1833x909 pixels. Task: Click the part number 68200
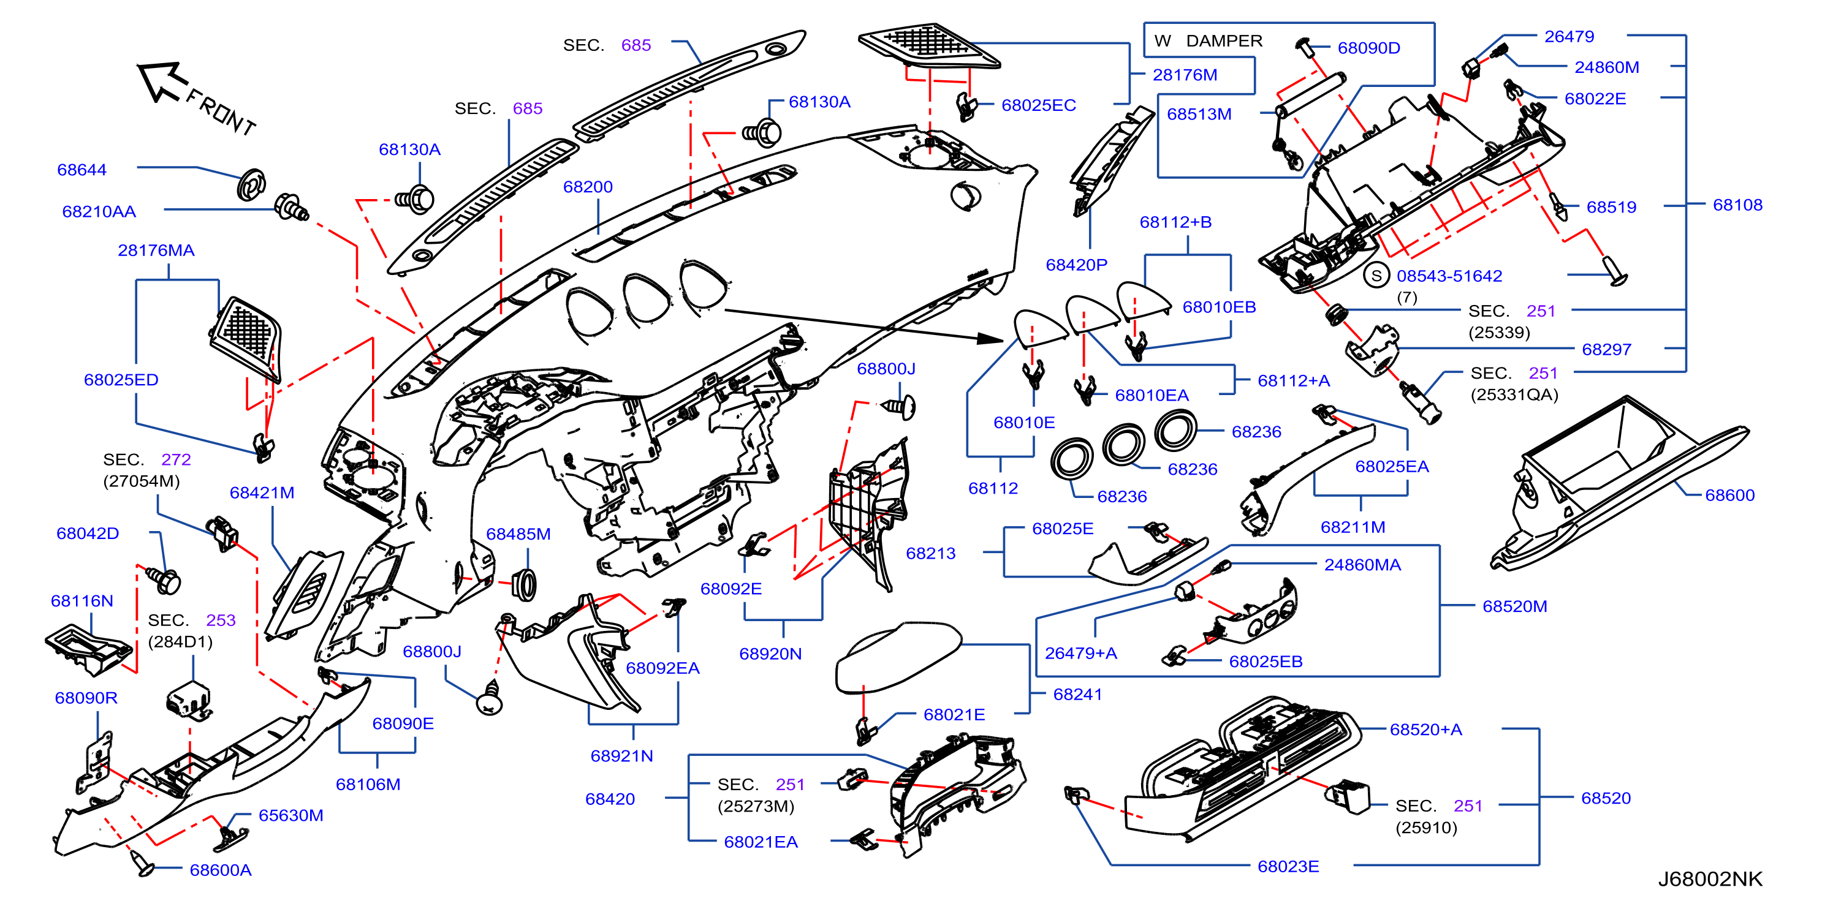tap(588, 187)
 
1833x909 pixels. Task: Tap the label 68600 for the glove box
tap(1730, 495)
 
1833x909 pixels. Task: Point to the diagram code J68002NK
tap(1710, 879)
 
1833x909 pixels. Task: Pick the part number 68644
tap(82, 170)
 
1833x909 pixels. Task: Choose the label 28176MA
tap(156, 251)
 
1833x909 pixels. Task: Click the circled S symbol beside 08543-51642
tap(1376, 276)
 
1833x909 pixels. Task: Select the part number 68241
tap(1077, 694)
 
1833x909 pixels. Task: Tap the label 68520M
tap(1515, 606)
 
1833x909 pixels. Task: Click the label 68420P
tap(1077, 265)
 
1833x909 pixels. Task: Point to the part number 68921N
tap(622, 756)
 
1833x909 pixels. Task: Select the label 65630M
tap(291, 815)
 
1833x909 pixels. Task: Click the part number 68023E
tap(1288, 866)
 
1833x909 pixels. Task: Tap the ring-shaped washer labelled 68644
tap(251, 185)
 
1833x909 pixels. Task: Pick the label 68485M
tap(518, 534)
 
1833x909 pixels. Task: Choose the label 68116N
tap(82, 601)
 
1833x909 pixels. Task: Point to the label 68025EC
tap(1039, 105)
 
